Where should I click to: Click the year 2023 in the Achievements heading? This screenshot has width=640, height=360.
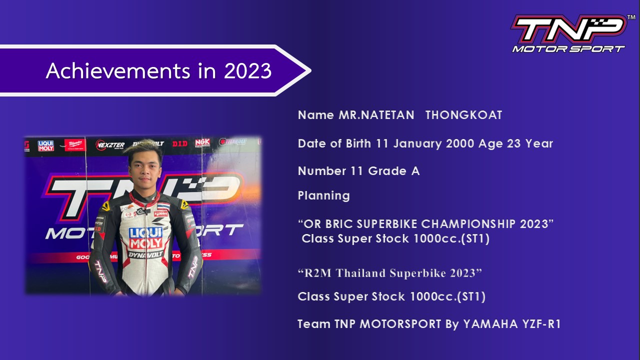point(247,71)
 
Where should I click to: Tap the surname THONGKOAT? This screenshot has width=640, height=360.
point(463,115)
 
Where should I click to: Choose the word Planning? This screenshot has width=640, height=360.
point(323,195)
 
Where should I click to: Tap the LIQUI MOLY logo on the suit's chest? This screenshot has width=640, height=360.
point(145,238)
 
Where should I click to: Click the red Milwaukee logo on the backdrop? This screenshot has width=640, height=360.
point(75,145)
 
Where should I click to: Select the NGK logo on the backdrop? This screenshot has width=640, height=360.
point(202,143)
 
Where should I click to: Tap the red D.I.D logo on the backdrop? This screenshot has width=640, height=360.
point(180,143)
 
